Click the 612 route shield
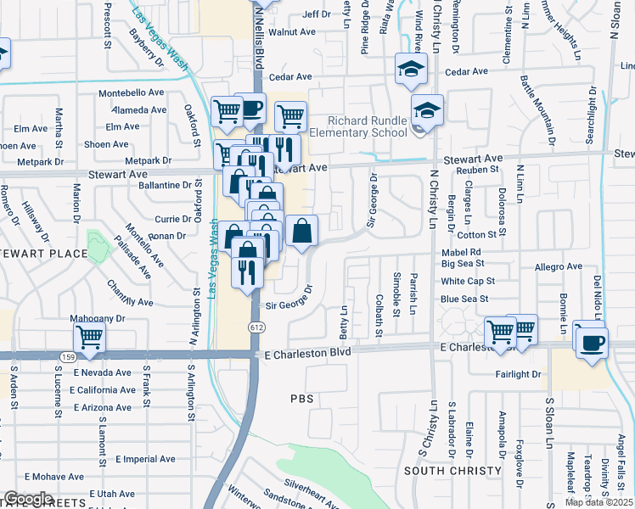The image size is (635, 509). [x=256, y=327]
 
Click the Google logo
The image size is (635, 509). [x=28, y=499]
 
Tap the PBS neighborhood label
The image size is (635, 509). [x=302, y=397]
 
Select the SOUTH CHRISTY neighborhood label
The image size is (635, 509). [x=441, y=471]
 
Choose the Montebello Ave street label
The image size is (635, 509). [x=132, y=92]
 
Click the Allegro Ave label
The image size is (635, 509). [x=559, y=266]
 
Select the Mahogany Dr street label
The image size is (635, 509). [x=98, y=320]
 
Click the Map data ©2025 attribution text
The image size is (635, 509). [x=598, y=502]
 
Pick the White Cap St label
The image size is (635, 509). [x=468, y=281]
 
